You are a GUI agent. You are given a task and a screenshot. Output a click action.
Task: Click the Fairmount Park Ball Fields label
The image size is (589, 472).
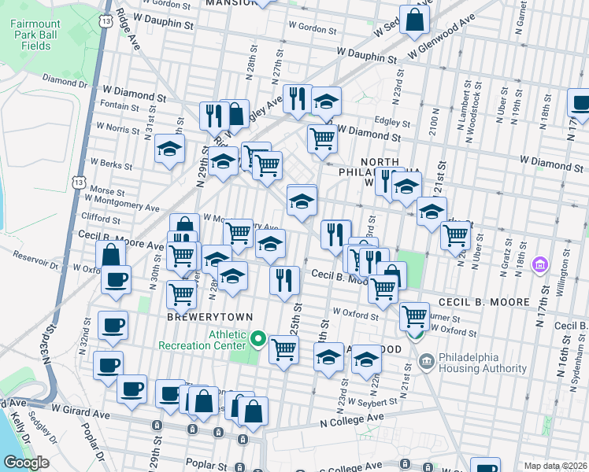(31, 35)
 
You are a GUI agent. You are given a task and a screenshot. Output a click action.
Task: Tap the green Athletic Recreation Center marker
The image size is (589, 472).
(259, 340)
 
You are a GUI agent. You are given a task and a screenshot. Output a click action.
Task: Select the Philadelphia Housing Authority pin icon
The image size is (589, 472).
(427, 363)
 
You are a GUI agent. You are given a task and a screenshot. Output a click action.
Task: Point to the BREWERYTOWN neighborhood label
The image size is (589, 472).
(209, 316)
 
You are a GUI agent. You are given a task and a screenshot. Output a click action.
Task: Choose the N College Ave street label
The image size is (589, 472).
(351, 420)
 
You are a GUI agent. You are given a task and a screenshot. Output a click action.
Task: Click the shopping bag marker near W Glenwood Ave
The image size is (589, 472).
(414, 20)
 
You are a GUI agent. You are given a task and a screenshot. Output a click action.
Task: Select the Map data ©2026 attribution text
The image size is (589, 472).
(556, 466)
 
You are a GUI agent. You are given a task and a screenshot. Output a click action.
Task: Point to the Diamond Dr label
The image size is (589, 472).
(65, 80)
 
